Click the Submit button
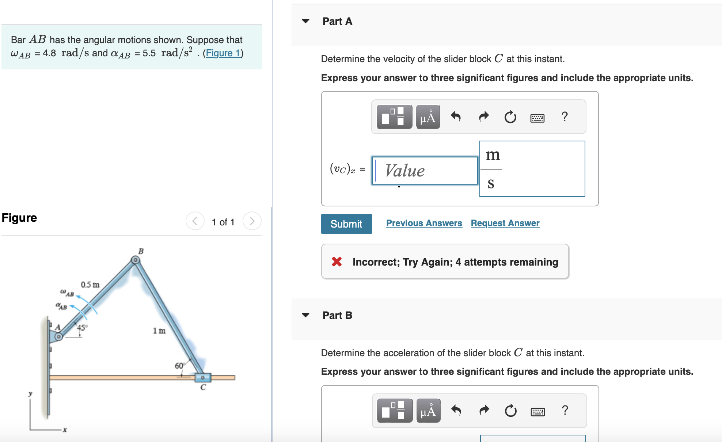[x=346, y=224]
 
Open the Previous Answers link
[x=424, y=223]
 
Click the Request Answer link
[x=505, y=223]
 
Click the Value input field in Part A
[x=425, y=171]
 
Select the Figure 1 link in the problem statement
[x=223, y=53]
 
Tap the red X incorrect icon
[x=337, y=262]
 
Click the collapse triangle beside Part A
[x=305, y=21]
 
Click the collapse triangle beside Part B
[x=305, y=315]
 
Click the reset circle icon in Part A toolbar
[x=510, y=117]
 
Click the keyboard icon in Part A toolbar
[x=537, y=118]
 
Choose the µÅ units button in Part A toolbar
[x=427, y=117]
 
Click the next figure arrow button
[x=252, y=221]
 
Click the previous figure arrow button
[x=195, y=221]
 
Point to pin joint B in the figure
[x=135, y=260]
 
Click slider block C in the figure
[x=202, y=377]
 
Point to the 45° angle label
[x=82, y=327]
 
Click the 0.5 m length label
[x=90, y=285]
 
